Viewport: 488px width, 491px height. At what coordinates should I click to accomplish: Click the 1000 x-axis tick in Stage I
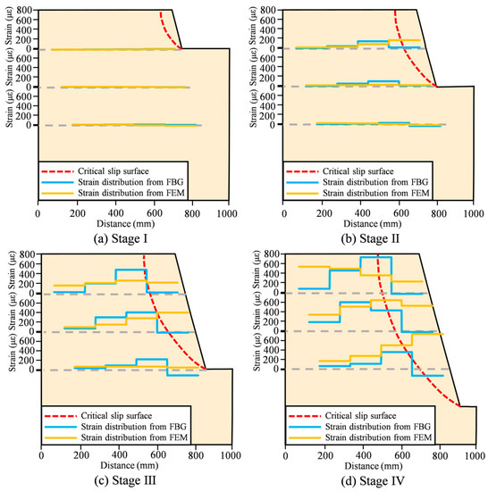(229, 213)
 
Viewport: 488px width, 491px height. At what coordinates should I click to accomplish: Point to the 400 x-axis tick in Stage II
(360, 213)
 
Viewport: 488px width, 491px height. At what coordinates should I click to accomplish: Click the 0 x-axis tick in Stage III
(38, 457)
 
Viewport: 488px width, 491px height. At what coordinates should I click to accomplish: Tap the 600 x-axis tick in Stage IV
(400, 457)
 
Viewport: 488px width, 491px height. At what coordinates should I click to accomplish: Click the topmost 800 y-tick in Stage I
(26, 11)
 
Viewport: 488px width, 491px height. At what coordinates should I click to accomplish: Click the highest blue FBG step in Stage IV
(375, 257)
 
